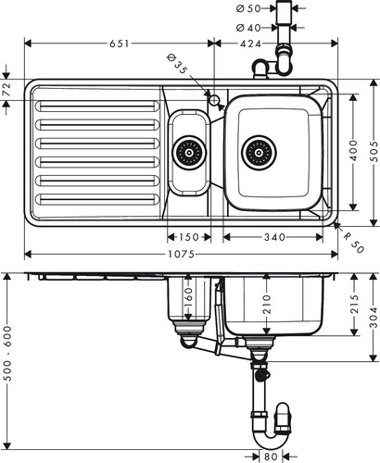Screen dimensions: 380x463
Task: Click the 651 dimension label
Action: click(120, 44)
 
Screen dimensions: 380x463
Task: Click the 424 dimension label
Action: click(250, 44)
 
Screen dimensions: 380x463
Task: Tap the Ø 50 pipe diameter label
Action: click(248, 8)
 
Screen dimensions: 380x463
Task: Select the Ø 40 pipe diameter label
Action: click(248, 28)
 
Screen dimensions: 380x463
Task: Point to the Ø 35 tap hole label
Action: click(177, 64)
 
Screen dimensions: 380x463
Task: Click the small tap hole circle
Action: click(214, 100)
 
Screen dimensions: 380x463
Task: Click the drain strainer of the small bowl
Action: click(189, 153)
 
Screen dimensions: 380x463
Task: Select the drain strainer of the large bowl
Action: click(259, 153)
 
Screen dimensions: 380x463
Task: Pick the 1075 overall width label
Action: click(182, 255)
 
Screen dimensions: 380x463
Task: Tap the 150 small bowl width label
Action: click(189, 237)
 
